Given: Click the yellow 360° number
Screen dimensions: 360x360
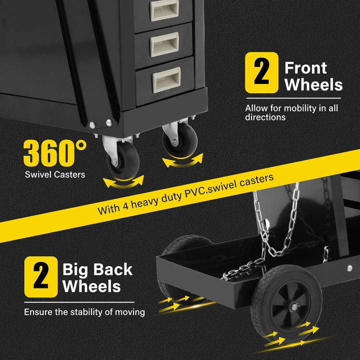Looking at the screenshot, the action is (55, 153).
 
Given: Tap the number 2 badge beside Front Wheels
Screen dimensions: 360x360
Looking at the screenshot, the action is (261, 72).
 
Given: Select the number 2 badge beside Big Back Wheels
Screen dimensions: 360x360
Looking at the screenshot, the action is (41, 276).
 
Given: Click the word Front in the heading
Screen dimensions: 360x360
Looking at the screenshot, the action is (305, 68).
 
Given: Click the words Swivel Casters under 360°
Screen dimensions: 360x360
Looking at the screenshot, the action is (55, 174).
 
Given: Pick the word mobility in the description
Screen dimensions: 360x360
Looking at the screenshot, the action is (293, 108).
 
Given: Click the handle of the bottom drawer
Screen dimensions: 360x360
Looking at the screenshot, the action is (166, 79).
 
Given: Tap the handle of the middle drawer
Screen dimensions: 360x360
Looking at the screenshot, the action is (164, 44).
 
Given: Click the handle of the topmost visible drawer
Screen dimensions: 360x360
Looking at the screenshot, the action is (164, 9).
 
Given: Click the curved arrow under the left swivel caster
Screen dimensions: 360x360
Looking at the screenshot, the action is (123, 182).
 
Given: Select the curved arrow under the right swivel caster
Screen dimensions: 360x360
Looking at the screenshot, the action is (183, 160).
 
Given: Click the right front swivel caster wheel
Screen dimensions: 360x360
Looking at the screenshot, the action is (180, 140).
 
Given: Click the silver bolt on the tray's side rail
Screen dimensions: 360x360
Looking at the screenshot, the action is (349, 268).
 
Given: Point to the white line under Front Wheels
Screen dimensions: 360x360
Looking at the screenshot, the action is (293, 98).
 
